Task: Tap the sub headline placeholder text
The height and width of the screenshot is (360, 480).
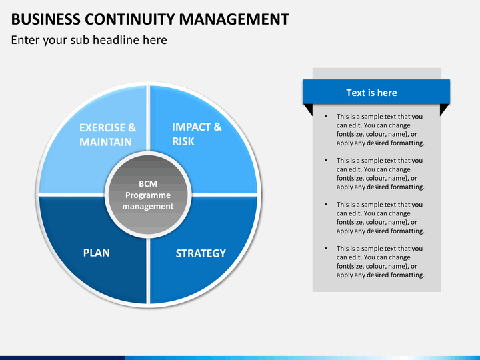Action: point(89,40)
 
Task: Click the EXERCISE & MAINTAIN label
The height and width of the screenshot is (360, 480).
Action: point(107,135)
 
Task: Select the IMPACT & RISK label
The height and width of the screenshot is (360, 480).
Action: point(197,133)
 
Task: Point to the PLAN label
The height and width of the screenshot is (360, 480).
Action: point(96,253)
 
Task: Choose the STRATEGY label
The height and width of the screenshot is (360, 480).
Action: point(201,253)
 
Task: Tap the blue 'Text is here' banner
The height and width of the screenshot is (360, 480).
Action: point(376,93)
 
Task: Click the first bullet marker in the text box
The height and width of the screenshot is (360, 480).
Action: point(326,117)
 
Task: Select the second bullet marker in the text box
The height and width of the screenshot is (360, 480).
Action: point(326,161)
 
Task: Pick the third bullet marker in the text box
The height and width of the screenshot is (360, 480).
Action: point(326,205)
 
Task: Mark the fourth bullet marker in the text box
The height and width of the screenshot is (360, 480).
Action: point(326,249)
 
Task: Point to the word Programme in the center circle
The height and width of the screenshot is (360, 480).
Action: point(148,195)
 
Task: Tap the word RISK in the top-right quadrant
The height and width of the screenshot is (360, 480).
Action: point(183,141)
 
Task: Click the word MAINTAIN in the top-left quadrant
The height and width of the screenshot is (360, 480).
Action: point(105,142)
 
